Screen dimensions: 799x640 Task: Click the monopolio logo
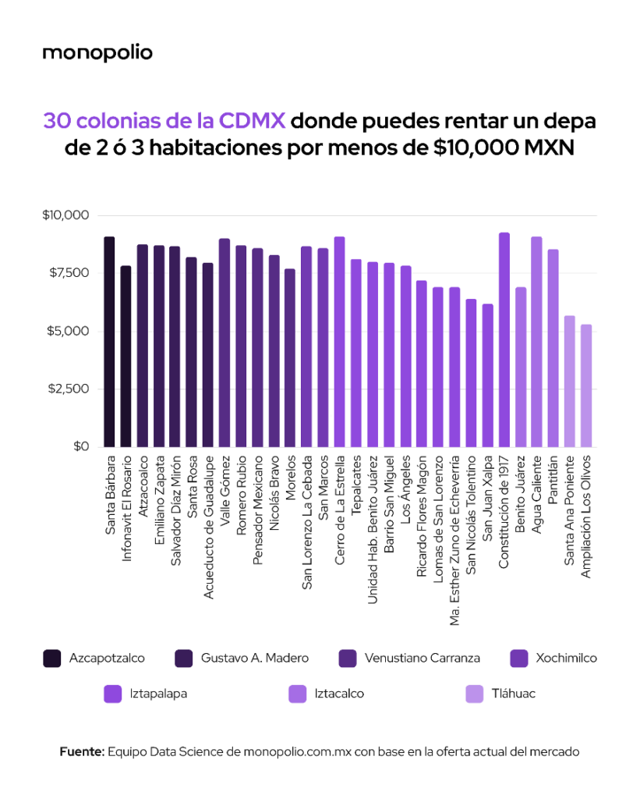97,53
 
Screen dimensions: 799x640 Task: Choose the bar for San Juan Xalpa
487,375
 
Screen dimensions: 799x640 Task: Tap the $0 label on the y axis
82,446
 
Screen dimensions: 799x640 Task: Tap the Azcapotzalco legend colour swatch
52,659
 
